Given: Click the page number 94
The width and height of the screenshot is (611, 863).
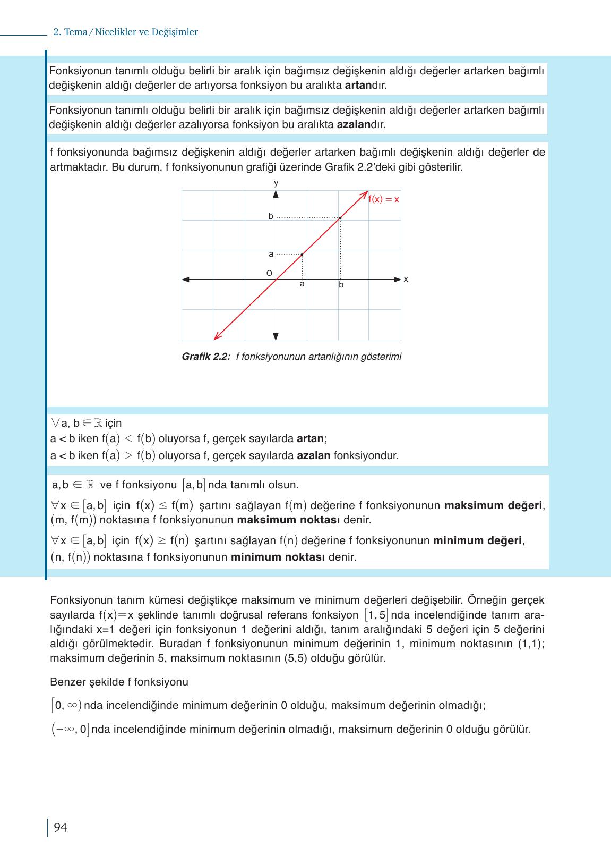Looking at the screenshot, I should (61, 827).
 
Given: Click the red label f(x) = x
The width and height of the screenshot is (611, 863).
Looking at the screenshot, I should (384, 200).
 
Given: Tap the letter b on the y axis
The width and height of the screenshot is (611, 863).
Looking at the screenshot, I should (271, 216).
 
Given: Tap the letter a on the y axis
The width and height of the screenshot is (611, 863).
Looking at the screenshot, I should (271, 254).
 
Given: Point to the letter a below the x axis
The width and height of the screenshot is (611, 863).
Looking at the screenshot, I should (302, 284).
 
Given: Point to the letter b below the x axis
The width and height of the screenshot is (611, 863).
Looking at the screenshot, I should (341, 285).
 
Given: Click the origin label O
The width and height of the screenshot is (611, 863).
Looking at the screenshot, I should (269, 273).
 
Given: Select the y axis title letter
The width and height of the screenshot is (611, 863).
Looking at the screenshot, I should (276, 183).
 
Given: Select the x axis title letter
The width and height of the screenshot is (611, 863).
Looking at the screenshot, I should (406, 278).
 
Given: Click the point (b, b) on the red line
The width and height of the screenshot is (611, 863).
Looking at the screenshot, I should (340, 218).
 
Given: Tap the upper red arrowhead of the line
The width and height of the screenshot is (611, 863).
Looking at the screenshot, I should (366, 193).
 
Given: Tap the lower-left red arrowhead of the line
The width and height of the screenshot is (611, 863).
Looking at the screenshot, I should (216, 337).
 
